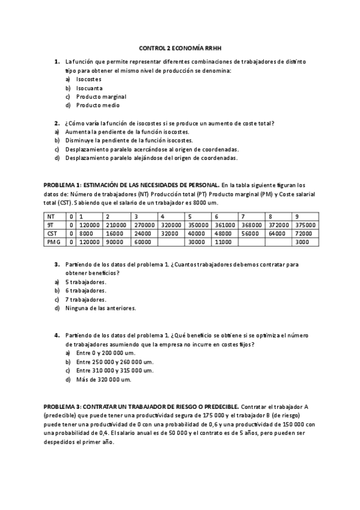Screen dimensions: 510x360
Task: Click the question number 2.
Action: pyautogui.click(x=56, y=123)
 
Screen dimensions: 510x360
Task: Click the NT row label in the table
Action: pyautogui.click(x=52, y=216)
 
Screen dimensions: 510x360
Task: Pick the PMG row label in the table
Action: pyautogui.click(x=53, y=241)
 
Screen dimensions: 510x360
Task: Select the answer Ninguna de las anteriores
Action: pyautogui.click(x=101, y=308)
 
